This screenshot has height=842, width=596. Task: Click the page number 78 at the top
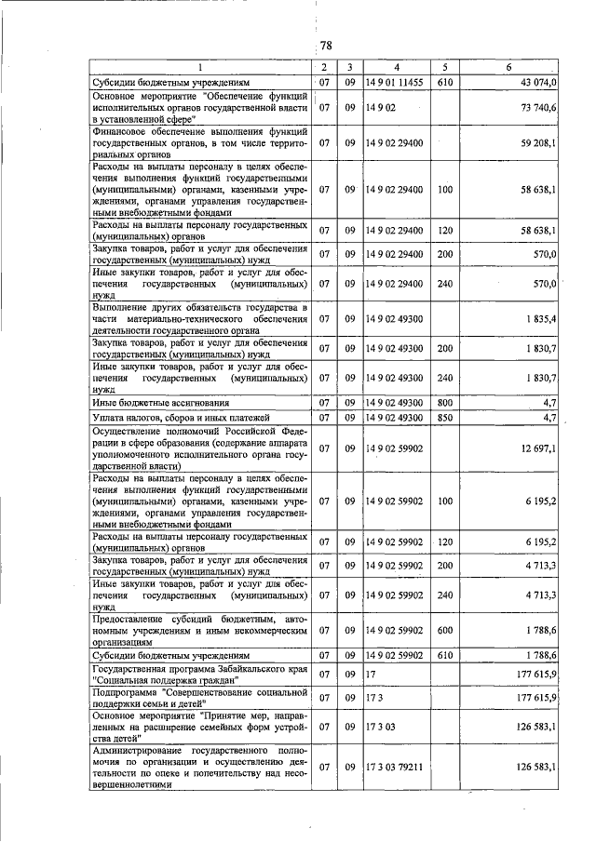pyautogui.click(x=326, y=46)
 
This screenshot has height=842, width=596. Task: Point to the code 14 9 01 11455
pyautogui.click(x=394, y=83)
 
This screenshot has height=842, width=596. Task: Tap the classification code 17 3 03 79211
pyautogui.click(x=395, y=767)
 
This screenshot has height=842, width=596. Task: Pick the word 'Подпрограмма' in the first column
pyautogui.click(x=123, y=692)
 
